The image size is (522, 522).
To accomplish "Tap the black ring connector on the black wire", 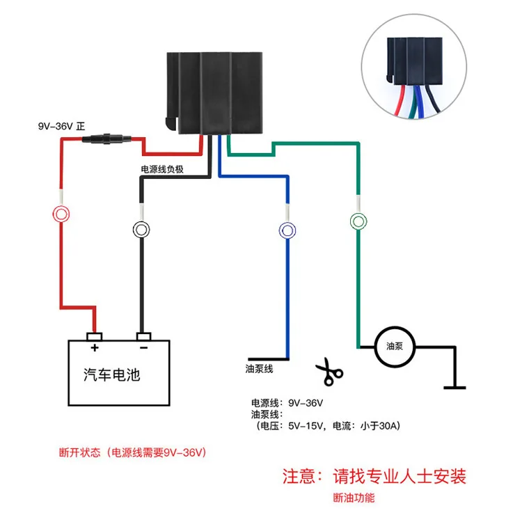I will tap(142, 229).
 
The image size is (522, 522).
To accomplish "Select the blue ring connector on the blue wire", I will tap(286, 229).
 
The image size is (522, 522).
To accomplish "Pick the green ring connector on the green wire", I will tap(358, 221).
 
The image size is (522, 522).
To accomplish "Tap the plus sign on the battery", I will tap(93, 347).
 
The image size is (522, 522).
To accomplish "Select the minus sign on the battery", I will tap(143, 347).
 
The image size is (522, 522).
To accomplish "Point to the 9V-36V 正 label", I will tap(61, 127).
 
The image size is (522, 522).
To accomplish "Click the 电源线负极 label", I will tap(163, 169).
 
